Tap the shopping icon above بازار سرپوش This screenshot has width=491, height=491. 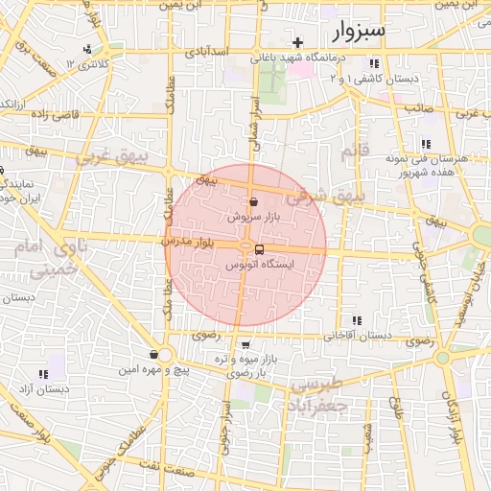point(253,203)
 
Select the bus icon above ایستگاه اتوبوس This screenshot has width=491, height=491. point(260,249)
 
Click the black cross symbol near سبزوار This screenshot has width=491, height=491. point(298,42)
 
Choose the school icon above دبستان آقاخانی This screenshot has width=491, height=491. point(357,320)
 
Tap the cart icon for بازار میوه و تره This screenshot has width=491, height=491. point(246,345)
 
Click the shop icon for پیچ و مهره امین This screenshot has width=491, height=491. point(153,355)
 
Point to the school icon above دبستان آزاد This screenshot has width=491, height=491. point(42,374)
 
